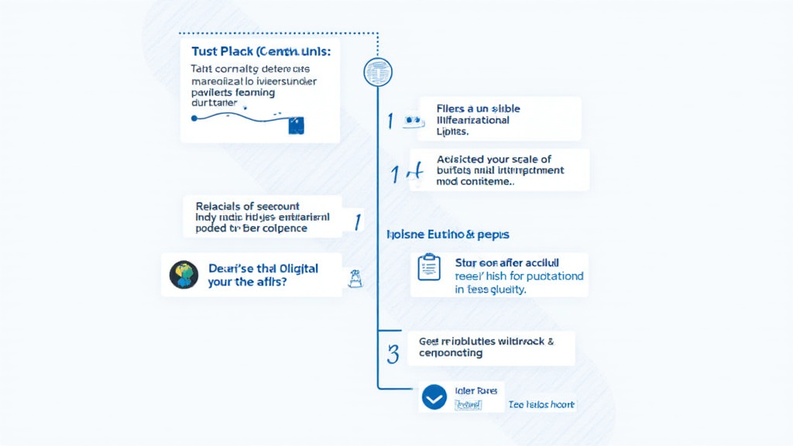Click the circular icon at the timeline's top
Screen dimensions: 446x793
pyautogui.click(x=378, y=72)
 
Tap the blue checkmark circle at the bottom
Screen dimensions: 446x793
pyautogui.click(x=434, y=397)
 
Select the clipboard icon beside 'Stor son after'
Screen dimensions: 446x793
pyautogui.click(x=428, y=267)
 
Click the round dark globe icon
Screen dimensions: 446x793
pyautogui.click(x=184, y=274)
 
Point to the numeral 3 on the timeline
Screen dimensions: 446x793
pyautogui.click(x=393, y=354)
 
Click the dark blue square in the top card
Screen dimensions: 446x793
pyautogui.click(x=296, y=125)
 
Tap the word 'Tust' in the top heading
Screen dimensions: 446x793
pyautogui.click(x=204, y=51)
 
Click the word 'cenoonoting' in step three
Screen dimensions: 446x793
pyautogui.click(x=451, y=353)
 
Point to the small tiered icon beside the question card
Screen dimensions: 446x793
pyautogui.click(x=356, y=279)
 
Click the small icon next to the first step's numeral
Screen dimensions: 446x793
pyautogui.click(x=412, y=121)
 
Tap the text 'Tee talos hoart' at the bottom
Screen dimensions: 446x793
pyautogui.click(x=541, y=405)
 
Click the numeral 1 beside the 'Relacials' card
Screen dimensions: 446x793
pyautogui.click(x=357, y=222)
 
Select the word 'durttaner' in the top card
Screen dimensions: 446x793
pyautogui.click(x=214, y=102)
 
